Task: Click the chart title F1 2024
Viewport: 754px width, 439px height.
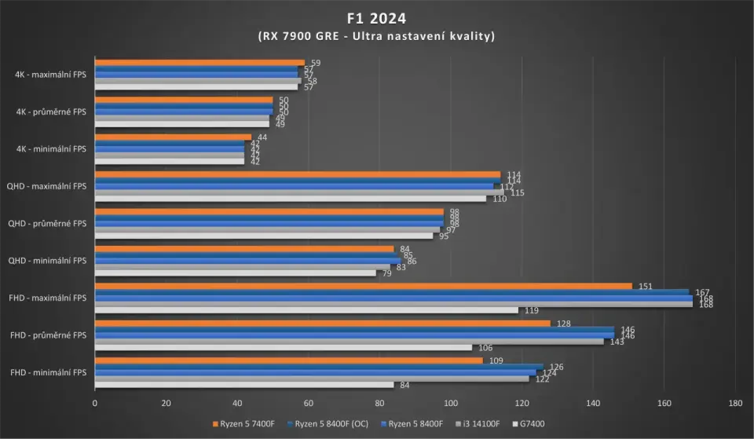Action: (x=377, y=16)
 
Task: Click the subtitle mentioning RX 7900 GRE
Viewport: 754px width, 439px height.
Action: (x=377, y=36)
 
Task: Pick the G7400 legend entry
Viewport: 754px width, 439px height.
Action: (x=529, y=424)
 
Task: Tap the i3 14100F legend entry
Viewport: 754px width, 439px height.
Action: (x=470, y=424)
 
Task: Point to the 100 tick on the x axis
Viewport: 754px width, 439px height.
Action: (x=450, y=404)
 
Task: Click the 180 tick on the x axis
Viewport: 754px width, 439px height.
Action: (x=734, y=404)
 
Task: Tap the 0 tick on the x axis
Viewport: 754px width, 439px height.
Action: (x=95, y=404)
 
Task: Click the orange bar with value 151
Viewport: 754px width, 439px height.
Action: (x=363, y=286)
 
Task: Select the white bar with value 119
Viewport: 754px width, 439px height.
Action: (x=306, y=310)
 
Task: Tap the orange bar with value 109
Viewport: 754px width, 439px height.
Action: (x=288, y=360)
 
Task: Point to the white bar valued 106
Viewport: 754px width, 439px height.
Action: (x=283, y=347)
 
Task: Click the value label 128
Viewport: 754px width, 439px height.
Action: (x=562, y=324)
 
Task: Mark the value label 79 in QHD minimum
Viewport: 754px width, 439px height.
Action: (x=386, y=273)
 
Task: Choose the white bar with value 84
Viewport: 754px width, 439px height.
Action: (x=243, y=385)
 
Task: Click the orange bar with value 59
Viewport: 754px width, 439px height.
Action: (x=199, y=63)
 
